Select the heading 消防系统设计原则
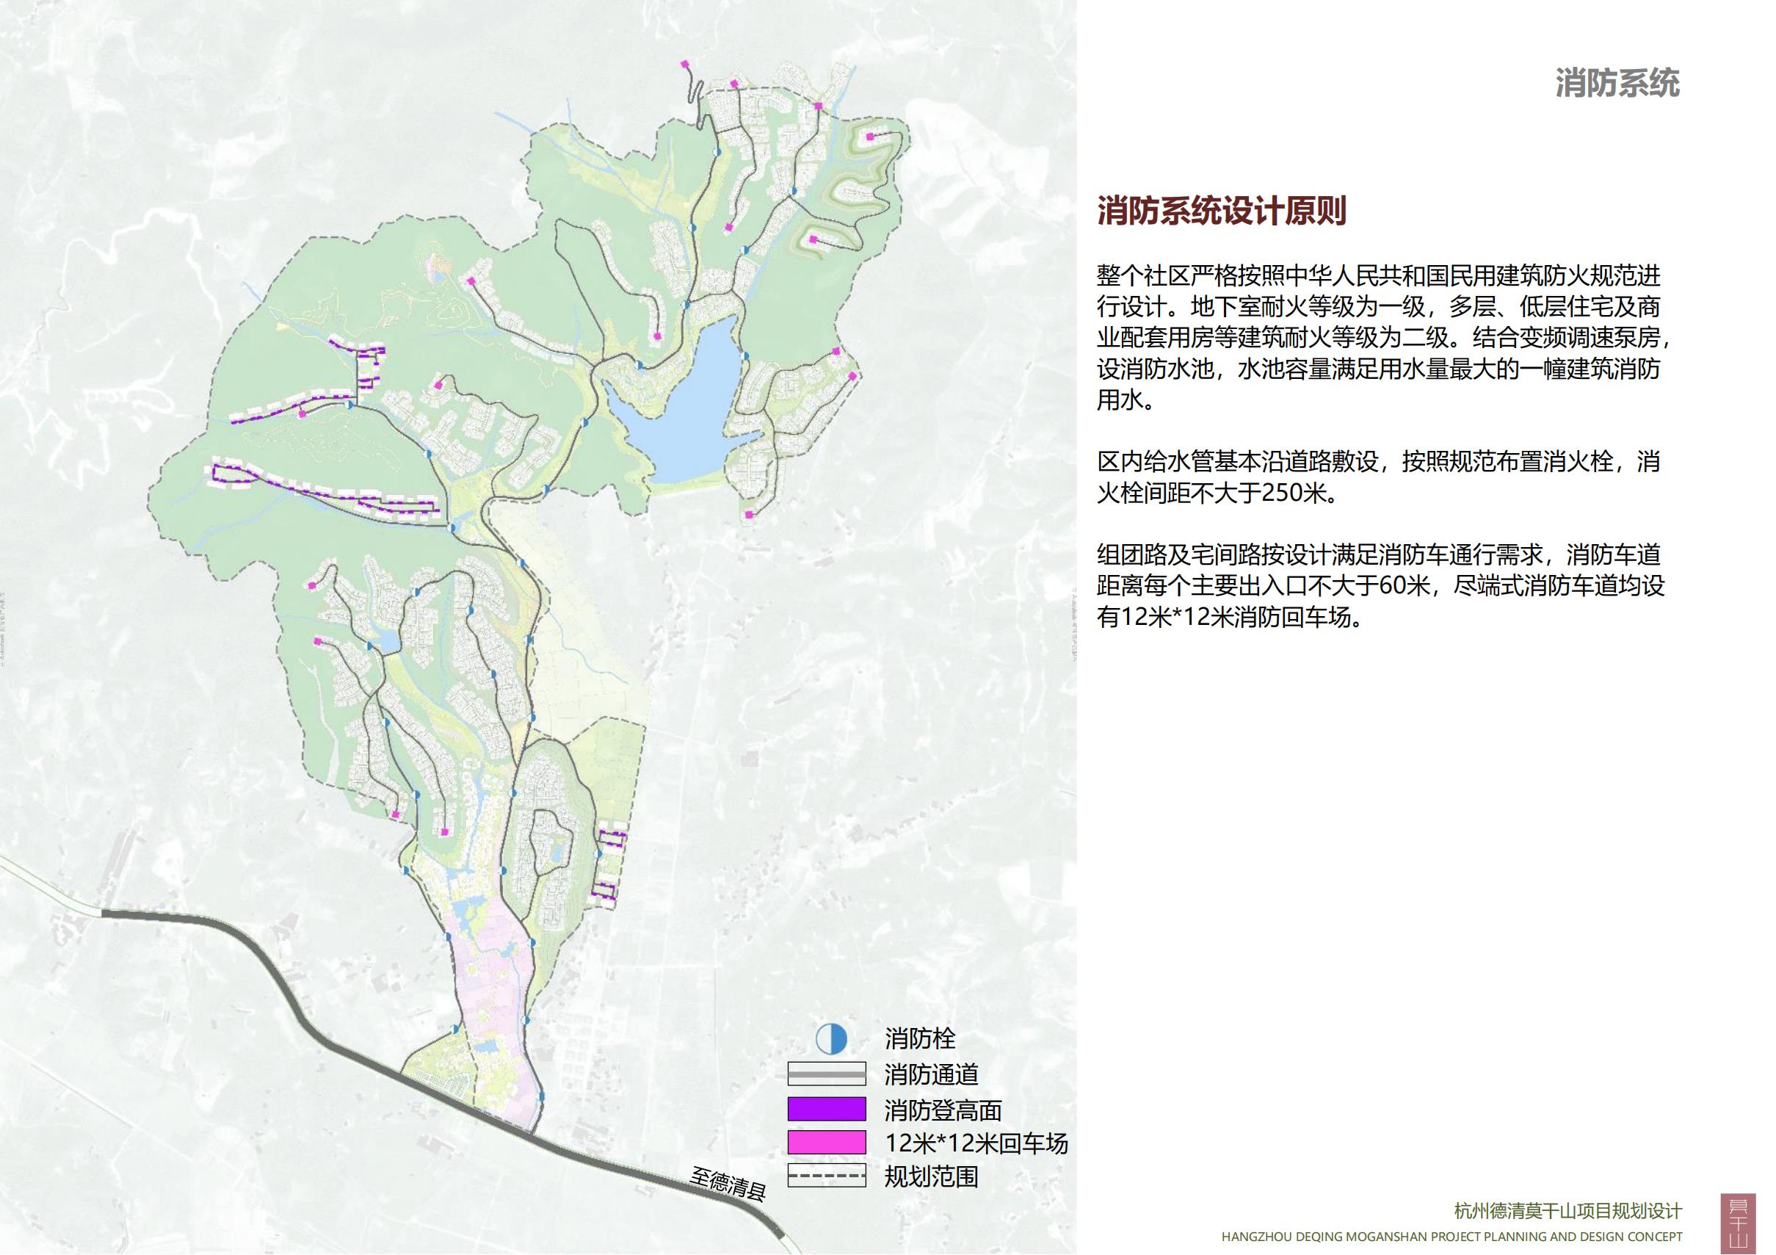(x=1222, y=211)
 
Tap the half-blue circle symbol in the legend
(x=832, y=1039)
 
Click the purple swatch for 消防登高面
(x=826, y=1110)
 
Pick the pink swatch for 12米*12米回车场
(x=826, y=1143)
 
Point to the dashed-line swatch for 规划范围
(x=826, y=1176)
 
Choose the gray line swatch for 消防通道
(x=826, y=1074)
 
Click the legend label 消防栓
(x=921, y=1038)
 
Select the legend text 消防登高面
(x=943, y=1110)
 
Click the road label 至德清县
(x=728, y=1183)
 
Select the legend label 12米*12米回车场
(x=976, y=1143)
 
